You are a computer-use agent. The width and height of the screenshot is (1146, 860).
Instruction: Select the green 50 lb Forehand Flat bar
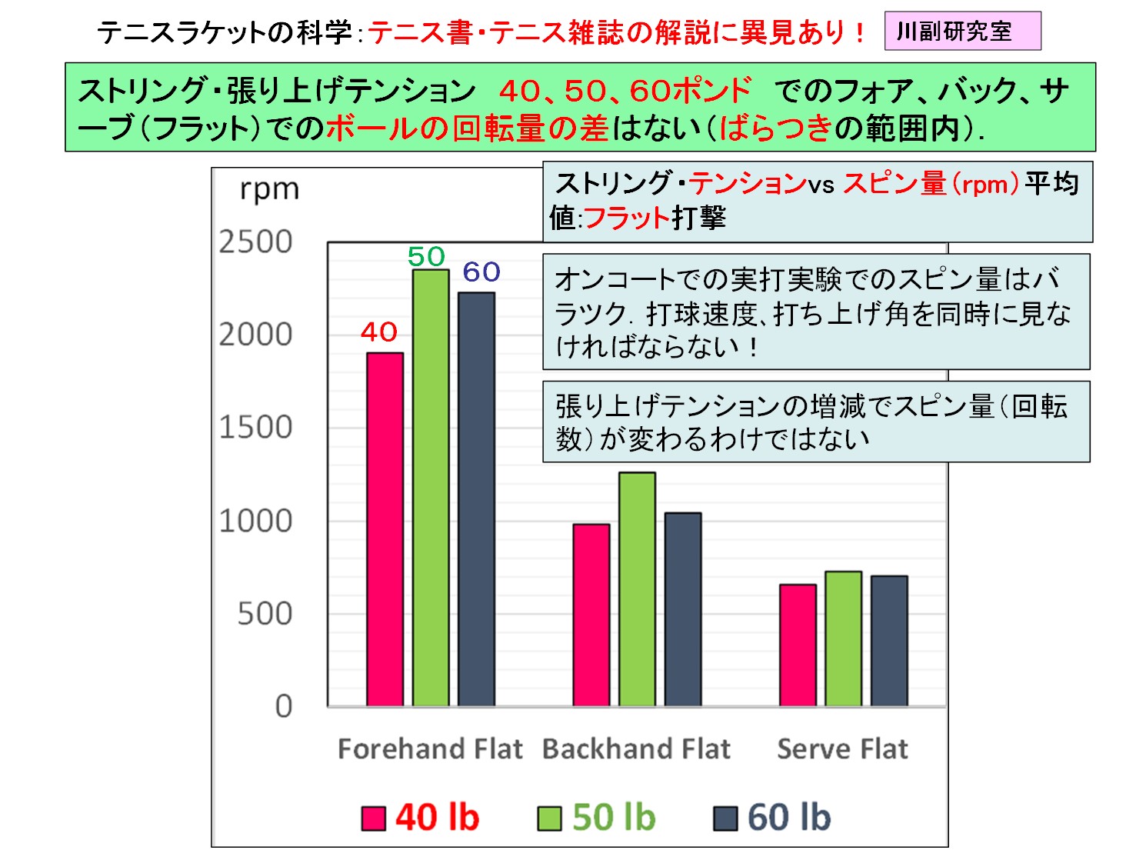[431, 488]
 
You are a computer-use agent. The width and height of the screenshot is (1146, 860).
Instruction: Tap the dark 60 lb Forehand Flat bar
[476, 499]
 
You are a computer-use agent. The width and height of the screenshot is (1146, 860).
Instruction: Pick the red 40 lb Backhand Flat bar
[591, 615]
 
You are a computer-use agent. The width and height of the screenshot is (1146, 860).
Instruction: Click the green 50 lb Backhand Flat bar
[637, 589]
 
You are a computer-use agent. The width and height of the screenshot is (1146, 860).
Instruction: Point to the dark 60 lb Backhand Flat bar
[683, 609]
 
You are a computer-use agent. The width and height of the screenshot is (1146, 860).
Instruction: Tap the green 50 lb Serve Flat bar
[843, 638]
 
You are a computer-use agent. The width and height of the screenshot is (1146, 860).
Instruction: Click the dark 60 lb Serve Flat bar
[889, 641]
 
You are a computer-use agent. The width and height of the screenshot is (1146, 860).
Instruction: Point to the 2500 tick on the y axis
[255, 242]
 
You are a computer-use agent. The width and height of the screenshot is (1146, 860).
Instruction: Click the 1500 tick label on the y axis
[255, 428]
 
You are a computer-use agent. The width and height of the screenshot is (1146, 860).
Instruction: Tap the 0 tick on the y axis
[284, 706]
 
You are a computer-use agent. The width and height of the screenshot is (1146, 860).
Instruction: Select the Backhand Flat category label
[636, 748]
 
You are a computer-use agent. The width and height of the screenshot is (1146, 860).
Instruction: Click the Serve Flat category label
[842, 748]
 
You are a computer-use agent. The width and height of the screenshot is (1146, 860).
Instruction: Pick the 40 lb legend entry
[421, 817]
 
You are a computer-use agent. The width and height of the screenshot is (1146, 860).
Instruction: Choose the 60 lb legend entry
[773, 817]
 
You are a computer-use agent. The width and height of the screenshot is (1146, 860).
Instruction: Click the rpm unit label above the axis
[269, 189]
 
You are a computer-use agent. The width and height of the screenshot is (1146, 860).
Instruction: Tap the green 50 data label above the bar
[426, 256]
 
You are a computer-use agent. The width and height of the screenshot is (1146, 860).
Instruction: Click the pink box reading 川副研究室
[962, 32]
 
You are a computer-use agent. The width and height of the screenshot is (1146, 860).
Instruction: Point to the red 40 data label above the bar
[379, 332]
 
